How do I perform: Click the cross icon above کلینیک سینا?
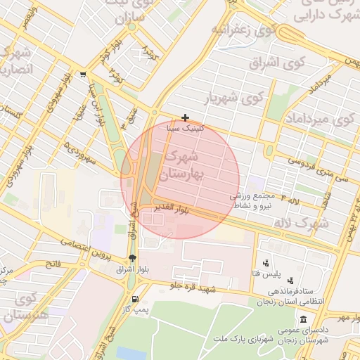click(x=185, y=117)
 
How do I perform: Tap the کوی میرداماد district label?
click(x=317, y=120)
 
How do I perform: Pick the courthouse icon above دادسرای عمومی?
click(x=303, y=319)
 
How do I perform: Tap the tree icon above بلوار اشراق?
click(x=132, y=257)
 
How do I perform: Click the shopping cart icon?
click(x=84, y=75)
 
